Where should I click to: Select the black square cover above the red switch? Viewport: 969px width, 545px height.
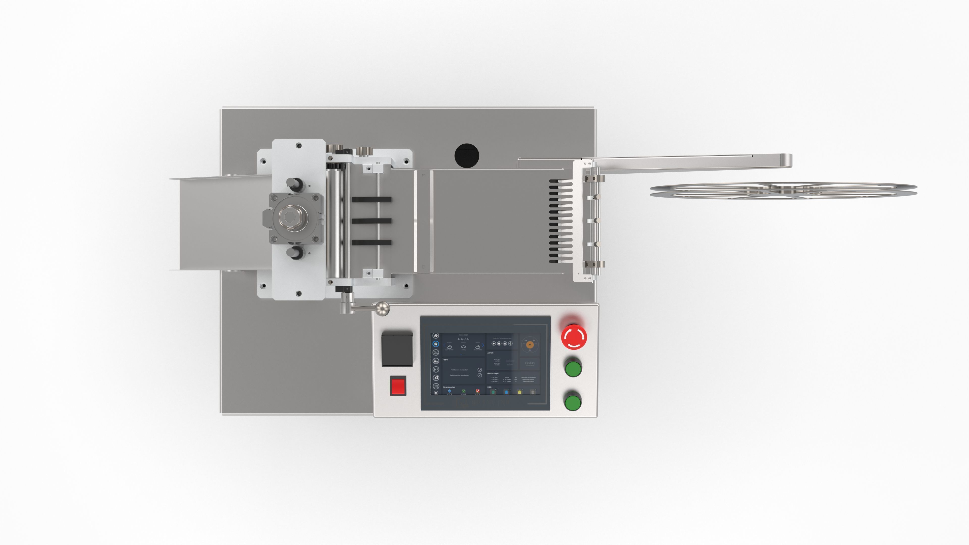click(x=397, y=348)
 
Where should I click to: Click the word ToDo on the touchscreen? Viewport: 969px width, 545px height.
click(x=445, y=360)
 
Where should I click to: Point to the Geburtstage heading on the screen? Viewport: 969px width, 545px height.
click(x=493, y=373)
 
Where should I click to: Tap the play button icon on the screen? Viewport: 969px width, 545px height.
click(x=494, y=343)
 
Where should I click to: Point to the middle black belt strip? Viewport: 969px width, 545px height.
click(x=371, y=221)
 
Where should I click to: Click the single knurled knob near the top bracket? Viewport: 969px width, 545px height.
click(x=362, y=151)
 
